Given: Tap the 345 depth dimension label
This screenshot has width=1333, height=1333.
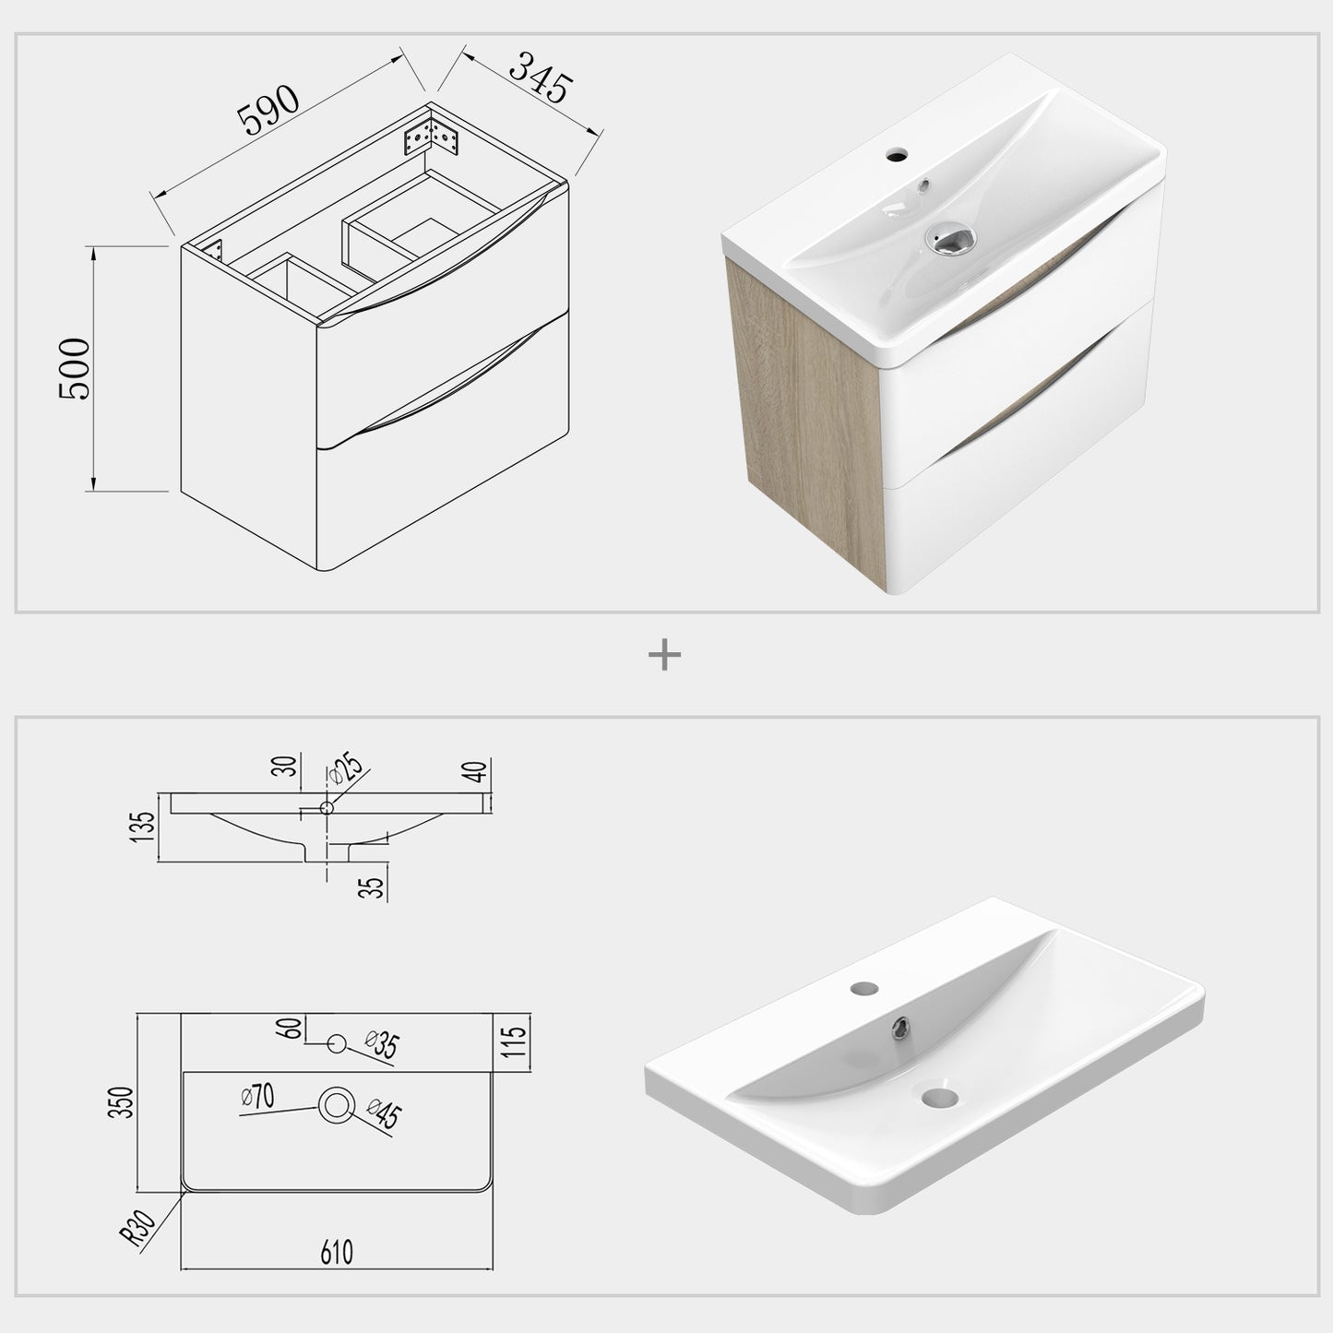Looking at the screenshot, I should pos(540,77).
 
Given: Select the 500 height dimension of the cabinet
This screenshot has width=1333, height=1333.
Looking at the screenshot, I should pos(75,369).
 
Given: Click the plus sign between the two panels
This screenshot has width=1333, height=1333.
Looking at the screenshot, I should pos(664,656).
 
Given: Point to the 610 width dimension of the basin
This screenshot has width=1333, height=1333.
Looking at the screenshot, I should pos(337,1252).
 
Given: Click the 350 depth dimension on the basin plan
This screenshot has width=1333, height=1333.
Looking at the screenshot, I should pos(121,1102).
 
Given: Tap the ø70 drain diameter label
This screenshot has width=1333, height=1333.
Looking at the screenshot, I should pos(257,1097).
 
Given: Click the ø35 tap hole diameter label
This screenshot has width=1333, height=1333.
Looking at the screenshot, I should pos(381,1045).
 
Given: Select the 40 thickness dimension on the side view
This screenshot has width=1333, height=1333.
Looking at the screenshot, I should pos(477,771).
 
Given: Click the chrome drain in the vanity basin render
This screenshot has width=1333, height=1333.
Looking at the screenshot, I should pos(949,240).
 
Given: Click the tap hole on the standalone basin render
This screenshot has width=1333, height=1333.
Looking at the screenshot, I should pos(864,988).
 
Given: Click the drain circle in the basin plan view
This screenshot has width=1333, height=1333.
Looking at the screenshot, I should pos(336,1103).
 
